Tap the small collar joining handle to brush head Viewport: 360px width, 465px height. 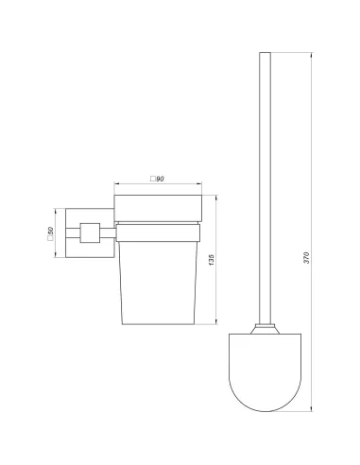[x=269, y=329]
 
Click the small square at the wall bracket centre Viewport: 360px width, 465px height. [x=91, y=232]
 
